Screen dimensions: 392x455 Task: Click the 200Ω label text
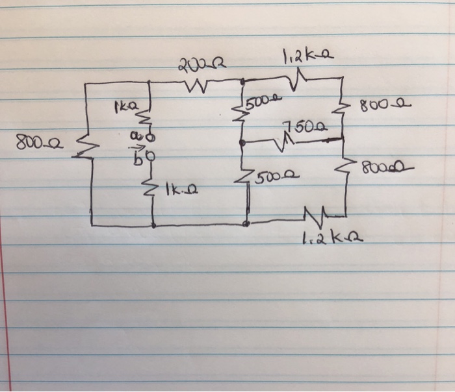pyautogui.click(x=194, y=64)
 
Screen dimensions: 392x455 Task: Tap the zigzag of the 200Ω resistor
pyautogui.click(x=196, y=84)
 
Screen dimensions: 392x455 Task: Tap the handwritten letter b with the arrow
pyautogui.click(x=136, y=159)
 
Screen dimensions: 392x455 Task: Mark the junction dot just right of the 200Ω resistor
pyautogui.click(x=242, y=82)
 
